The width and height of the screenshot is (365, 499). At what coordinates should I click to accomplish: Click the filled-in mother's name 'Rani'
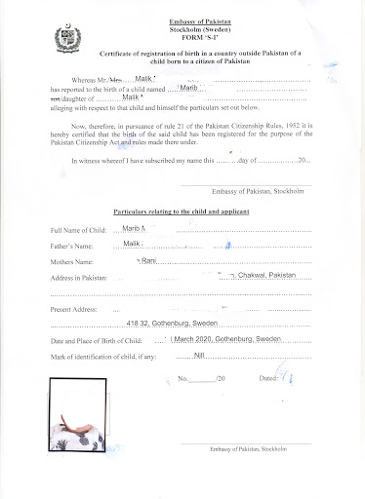tap(148, 261)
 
